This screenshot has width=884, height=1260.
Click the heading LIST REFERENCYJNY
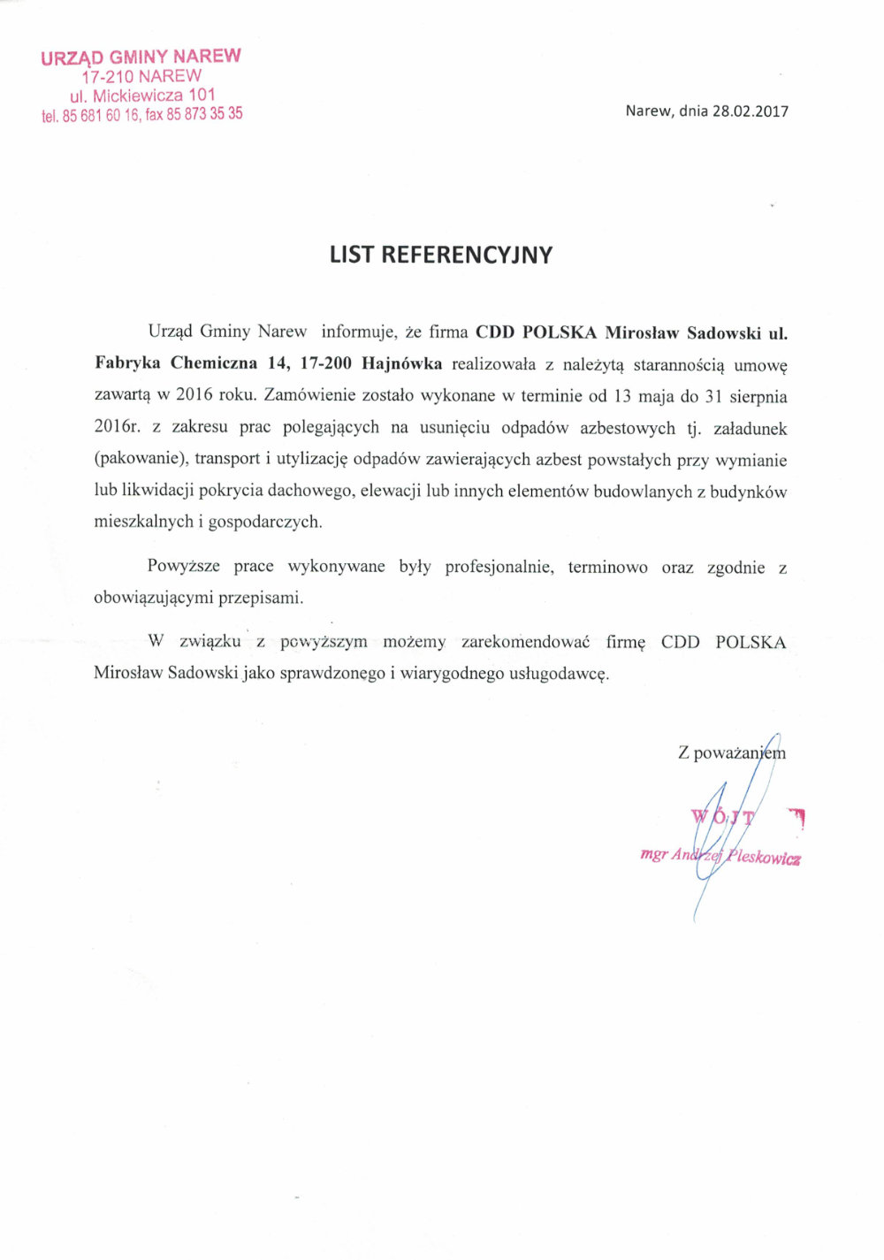[x=440, y=255]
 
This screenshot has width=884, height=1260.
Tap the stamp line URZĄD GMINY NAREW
[x=141, y=57]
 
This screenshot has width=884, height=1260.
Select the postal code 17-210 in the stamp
[x=107, y=77]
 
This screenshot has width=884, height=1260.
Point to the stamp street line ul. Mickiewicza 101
[x=142, y=95]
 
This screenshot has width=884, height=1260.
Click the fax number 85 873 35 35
[x=204, y=114]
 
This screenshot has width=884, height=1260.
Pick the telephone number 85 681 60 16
[x=101, y=116]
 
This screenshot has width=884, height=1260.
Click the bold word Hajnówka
[x=402, y=363]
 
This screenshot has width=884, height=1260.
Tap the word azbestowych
[x=627, y=428]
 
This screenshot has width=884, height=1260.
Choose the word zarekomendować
[x=525, y=642]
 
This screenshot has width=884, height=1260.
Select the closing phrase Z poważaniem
[x=731, y=752]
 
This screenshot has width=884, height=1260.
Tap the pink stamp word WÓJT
[x=722, y=816]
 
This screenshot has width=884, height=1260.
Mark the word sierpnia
[x=757, y=396]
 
